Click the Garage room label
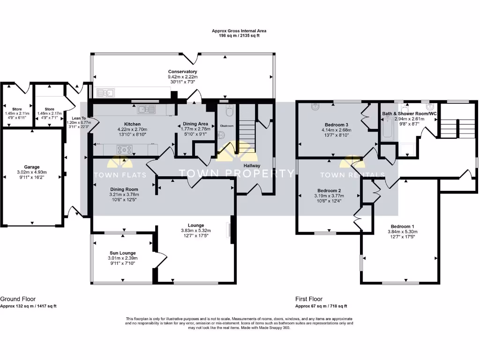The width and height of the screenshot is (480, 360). click(x=32, y=166)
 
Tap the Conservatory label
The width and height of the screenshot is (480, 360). click(x=182, y=72)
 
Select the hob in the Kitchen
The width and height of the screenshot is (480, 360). click(x=125, y=150)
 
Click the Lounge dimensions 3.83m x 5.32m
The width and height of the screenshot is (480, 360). click(x=195, y=231)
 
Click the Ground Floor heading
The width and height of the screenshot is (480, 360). click(x=18, y=299)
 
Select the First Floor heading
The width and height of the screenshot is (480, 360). click(x=308, y=299)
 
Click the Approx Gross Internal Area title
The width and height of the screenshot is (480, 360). click(x=239, y=31)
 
